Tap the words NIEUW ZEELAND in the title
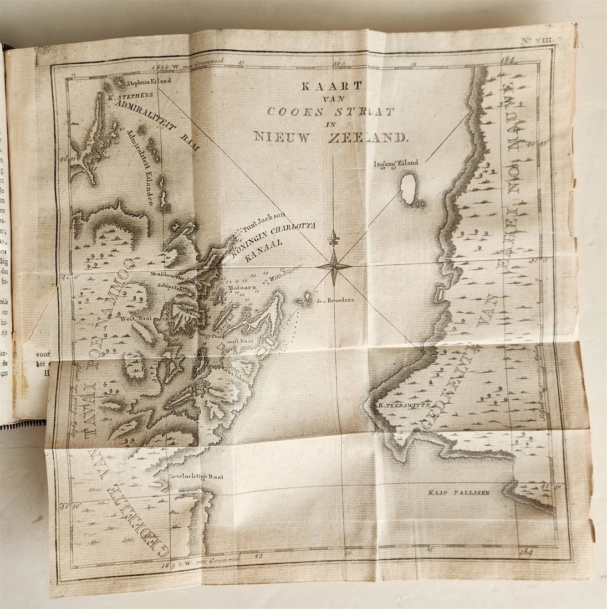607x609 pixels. pyautogui.click(x=330, y=136)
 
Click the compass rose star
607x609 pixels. pyautogui.click(x=333, y=266)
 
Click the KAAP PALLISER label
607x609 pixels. pyautogui.click(x=460, y=492)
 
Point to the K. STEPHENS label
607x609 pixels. pyautogui.click(x=126, y=95)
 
